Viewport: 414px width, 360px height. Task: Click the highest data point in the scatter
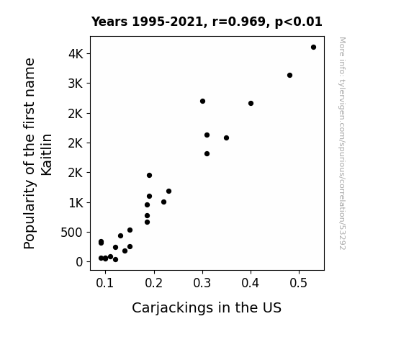pos(313,48)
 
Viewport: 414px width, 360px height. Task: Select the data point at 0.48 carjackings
pos(289,76)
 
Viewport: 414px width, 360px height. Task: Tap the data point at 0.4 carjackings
pos(251,103)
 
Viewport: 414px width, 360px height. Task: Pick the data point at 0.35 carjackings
pos(226,138)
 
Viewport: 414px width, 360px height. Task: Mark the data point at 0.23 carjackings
pos(168,192)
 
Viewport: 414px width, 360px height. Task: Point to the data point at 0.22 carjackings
pos(163,202)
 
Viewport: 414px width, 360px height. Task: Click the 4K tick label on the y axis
pos(76,54)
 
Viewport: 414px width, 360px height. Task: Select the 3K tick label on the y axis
pos(76,84)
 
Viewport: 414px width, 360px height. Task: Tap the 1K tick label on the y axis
pos(76,203)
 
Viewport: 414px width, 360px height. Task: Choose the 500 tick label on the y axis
pos(72,233)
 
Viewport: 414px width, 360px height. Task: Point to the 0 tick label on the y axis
pos(79,262)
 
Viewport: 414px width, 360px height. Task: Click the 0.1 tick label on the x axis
pos(105,283)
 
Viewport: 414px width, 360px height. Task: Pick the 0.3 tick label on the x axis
pos(202,283)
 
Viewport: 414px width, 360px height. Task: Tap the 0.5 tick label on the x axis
pos(299,283)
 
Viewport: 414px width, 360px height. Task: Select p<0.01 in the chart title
pos(299,22)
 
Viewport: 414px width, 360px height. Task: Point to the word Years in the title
pos(109,22)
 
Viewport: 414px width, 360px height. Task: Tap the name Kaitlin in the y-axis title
pos(47,155)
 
